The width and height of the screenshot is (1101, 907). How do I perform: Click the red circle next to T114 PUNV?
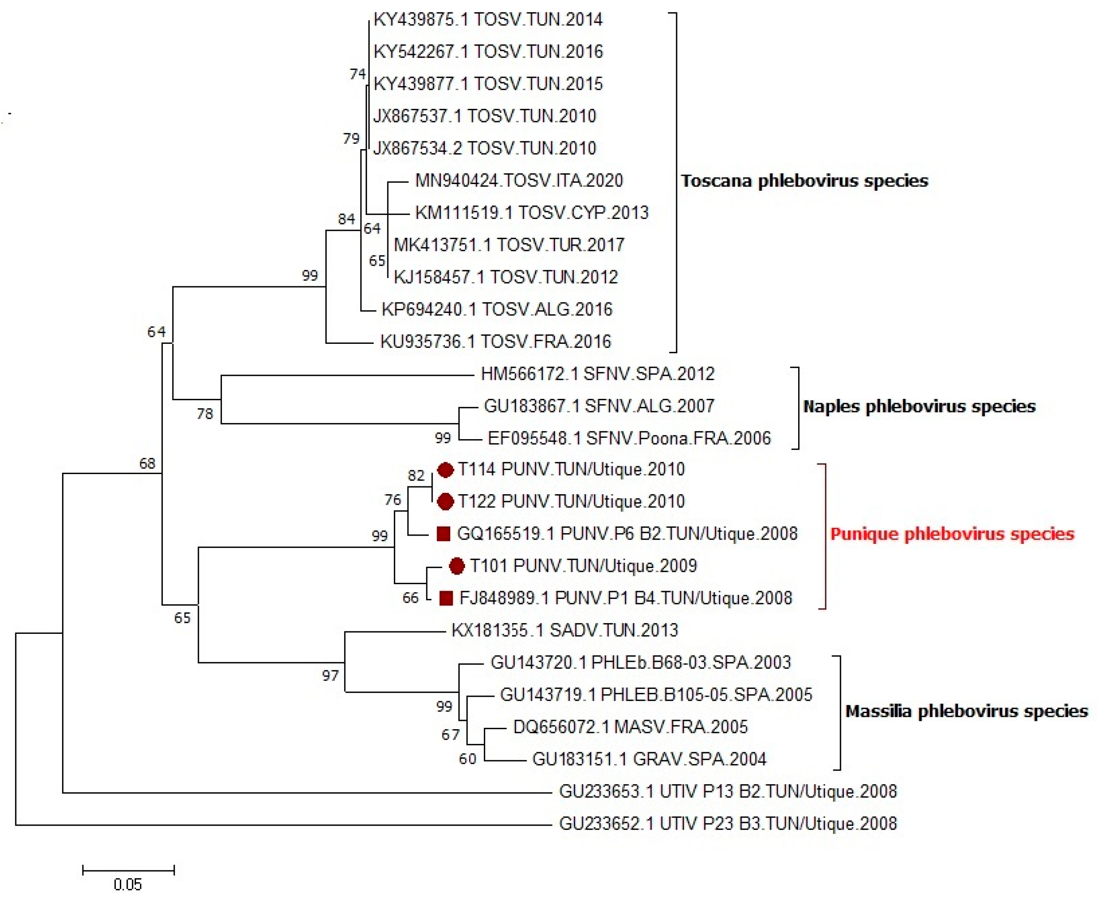point(445,470)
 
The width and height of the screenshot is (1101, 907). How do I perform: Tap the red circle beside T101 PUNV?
point(457,566)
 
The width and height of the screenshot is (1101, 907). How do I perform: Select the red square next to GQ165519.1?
point(443,534)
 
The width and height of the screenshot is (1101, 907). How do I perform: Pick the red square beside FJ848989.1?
point(446,598)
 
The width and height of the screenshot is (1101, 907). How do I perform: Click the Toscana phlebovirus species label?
point(804,181)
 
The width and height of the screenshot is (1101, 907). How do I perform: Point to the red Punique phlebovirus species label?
point(952,534)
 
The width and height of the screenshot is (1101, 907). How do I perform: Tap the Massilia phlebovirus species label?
point(966,711)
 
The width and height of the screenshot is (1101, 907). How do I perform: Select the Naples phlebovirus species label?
point(919,407)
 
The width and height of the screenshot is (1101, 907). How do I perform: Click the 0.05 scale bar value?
point(127,884)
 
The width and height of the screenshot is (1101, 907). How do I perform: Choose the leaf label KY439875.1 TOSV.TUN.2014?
point(488,20)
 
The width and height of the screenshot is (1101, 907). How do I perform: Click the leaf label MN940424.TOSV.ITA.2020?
point(519,181)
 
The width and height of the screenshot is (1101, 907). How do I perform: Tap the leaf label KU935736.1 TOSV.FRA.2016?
point(495,342)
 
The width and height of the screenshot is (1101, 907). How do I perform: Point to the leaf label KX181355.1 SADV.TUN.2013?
point(564,630)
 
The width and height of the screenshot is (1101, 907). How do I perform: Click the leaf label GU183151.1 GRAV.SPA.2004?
point(649,759)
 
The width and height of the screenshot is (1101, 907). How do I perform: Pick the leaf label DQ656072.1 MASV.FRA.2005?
point(630,727)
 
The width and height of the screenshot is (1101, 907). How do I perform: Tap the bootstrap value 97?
point(330,676)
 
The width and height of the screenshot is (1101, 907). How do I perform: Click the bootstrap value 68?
point(147,463)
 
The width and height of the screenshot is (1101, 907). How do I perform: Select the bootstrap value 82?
point(416,475)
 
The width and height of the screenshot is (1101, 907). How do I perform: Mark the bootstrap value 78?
point(205,414)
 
